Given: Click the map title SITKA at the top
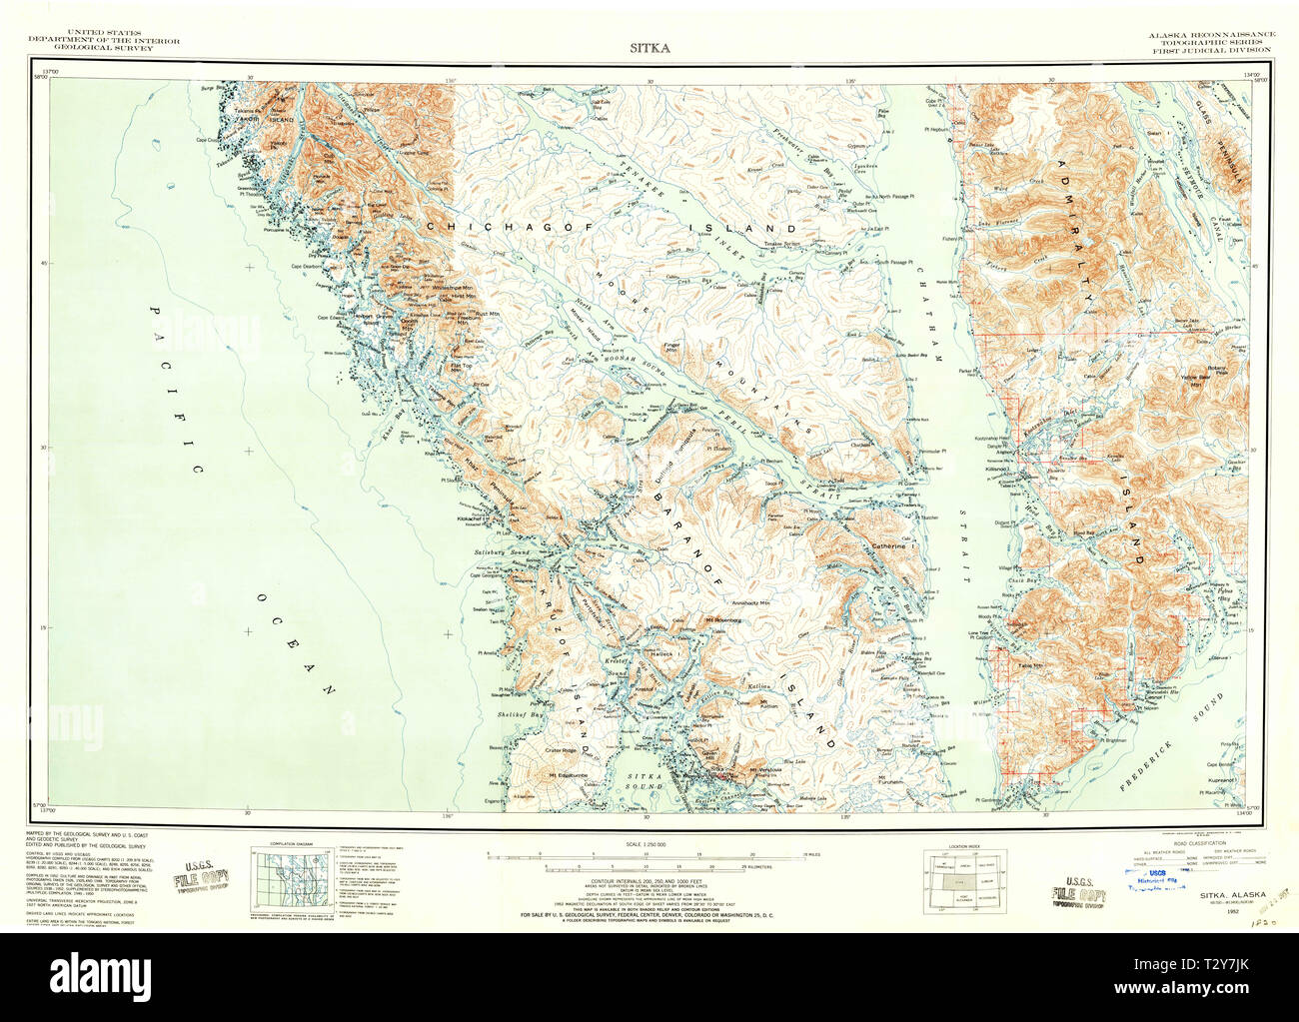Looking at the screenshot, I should tap(649, 47).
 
